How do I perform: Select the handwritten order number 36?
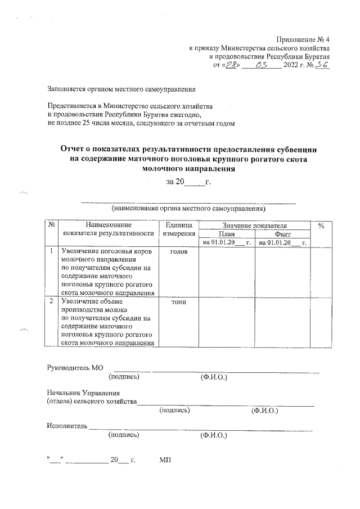pos(322,65)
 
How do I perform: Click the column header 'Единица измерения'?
pos(178,229)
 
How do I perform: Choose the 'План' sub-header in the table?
pos(227,233)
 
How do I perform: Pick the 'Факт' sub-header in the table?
pos(283,233)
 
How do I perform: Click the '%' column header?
pos(321,225)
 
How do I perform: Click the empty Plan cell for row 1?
pos(227,271)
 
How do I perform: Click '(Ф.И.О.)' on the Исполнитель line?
pos(214,435)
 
